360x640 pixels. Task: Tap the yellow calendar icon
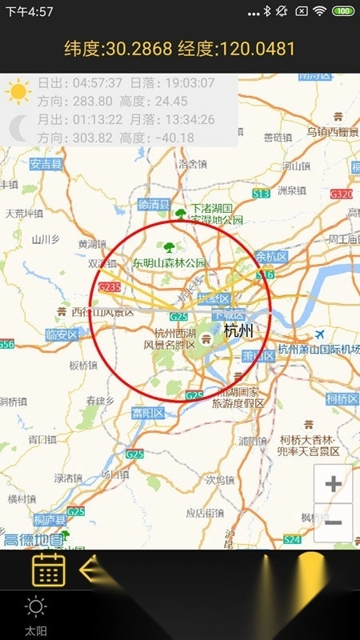(48, 570)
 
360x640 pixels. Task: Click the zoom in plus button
(334, 484)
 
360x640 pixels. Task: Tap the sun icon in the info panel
(18, 92)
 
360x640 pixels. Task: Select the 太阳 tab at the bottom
(35, 616)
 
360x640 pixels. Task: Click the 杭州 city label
(238, 330)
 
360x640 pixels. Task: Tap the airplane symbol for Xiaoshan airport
(320, 334)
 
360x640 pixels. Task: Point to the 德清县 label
(154, 204)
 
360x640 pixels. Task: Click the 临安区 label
(62, 334)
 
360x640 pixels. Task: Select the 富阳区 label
(148, 413)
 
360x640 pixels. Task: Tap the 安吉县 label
(47, 165)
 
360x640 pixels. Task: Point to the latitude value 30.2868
(144, 49)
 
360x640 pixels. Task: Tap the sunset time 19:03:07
(186, 83)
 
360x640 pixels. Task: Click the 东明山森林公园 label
(170, 262)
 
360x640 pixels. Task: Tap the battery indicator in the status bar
(343, 11)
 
